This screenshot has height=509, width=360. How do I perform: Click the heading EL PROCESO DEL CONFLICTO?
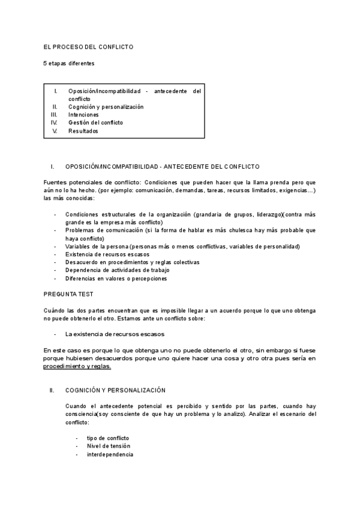89,46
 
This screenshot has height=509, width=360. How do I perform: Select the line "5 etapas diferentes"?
68,63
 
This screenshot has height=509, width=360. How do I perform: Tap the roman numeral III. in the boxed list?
54,114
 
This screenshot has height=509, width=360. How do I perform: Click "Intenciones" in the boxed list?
84,114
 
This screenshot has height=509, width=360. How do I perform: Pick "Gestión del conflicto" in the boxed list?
95,122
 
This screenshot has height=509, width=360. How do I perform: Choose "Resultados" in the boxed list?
83,131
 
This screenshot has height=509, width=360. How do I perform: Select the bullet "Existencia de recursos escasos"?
108,254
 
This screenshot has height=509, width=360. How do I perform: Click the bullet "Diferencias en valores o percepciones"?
116,279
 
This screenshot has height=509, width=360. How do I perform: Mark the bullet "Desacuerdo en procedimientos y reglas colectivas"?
132,262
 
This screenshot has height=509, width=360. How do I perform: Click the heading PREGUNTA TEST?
68,294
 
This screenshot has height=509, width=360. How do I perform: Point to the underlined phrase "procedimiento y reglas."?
77,366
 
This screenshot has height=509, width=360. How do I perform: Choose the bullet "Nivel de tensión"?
108,446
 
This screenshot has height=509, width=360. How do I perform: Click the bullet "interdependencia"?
110,454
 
